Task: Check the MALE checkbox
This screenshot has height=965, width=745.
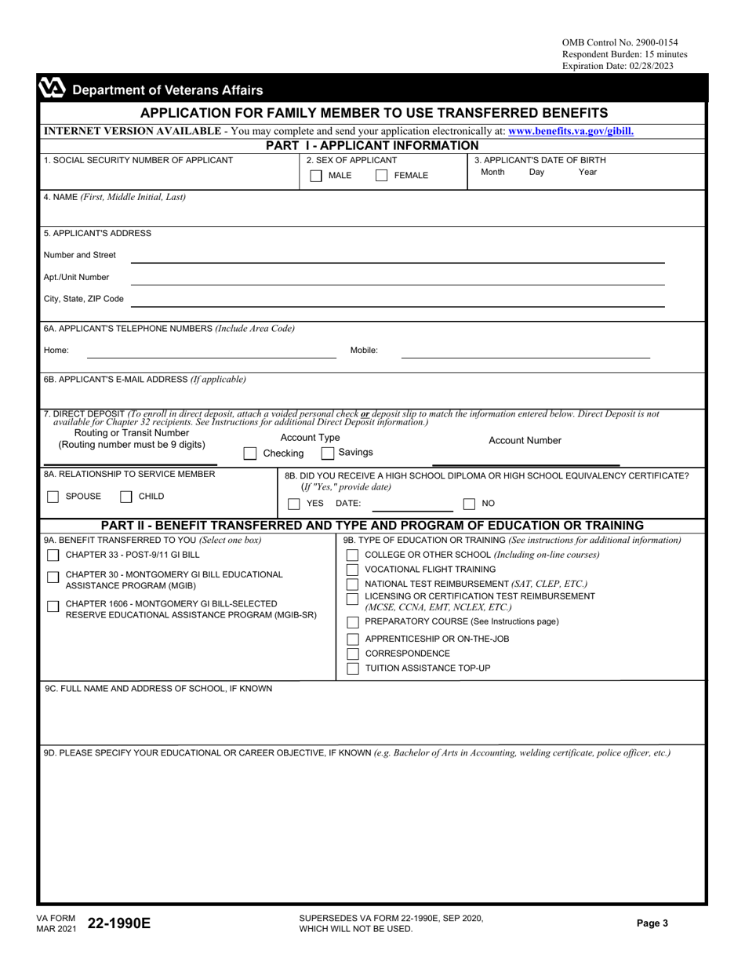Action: point(315,176)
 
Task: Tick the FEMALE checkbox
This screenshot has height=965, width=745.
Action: point(381,176)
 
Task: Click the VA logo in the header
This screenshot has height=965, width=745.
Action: point(53,89)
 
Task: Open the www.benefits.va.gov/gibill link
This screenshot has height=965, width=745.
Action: point(571,132)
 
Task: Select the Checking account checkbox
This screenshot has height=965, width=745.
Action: point(249,453)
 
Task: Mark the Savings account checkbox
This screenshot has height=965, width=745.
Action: point(328,453)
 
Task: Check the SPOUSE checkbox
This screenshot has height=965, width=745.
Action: point(53,497)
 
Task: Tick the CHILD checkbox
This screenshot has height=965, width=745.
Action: point(125,497)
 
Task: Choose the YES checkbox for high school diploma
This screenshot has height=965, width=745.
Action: point(293,504)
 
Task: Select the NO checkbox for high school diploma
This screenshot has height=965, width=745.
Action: point(469,504)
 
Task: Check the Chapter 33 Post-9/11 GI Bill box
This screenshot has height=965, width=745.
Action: point(53,555)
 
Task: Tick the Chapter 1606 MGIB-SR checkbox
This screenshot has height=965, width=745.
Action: point(53,606)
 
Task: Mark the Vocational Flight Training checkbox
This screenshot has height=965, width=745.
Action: point(352,570)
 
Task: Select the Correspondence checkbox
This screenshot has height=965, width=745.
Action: point(352,654)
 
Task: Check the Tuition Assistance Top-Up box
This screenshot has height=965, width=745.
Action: point(352,668)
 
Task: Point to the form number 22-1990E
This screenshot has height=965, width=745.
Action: point(119,923)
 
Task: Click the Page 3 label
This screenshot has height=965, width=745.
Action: point(652,923)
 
